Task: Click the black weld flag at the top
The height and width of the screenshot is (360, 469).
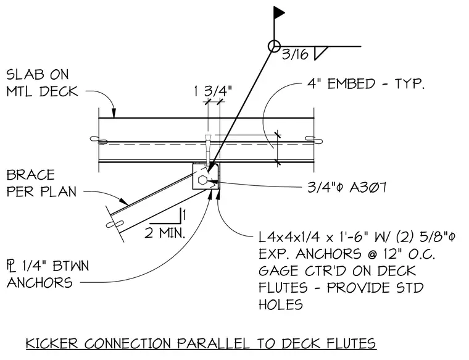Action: [x=278, y=12]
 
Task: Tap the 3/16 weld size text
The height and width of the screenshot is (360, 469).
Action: [x=295, y=54]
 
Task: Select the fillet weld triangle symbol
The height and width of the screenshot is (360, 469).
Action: [x=322, y=53]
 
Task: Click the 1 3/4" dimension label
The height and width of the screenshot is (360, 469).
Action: [x=213, y=91]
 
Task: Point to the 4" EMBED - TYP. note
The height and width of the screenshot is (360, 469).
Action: [x=366, y=83]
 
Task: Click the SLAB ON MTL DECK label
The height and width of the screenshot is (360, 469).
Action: [x=42, y=83]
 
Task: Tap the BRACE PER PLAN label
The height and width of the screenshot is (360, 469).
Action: [x=41, y=183]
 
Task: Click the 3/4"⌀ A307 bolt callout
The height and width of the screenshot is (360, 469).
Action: [x=347, y=188]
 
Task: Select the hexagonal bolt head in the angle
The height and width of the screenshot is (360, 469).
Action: [x=202, y=180]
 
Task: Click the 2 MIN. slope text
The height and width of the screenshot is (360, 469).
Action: [x=165, y=233]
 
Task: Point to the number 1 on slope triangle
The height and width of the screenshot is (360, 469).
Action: [x=185, y=215]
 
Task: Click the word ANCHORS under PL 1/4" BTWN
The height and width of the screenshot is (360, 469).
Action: [x=39, y=282]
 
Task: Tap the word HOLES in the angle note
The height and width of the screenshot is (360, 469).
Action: [x=281, y=304]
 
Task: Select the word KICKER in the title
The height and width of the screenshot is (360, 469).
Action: [x=51, y=343]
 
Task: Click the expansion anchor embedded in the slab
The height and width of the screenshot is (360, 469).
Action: [x=207, y=149]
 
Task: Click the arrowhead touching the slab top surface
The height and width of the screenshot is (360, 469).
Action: [x=114, y=113]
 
